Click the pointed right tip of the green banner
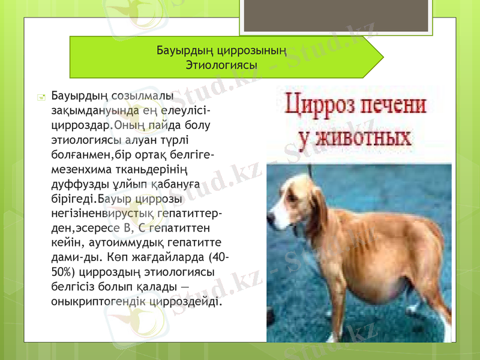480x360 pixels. pyautogui.click(x=382, y=57)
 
